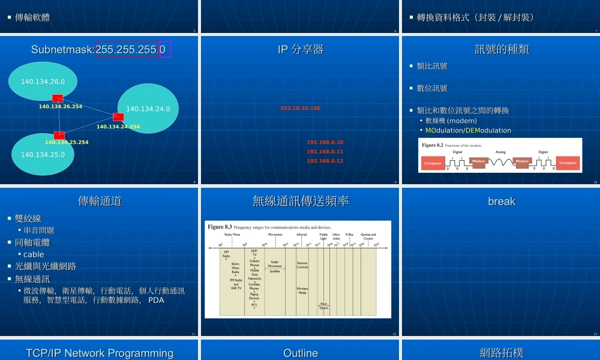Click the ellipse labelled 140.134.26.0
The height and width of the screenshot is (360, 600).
coord(43,82)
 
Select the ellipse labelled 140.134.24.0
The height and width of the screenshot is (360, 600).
coord(148,109)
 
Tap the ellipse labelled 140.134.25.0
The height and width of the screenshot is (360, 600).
coord(43,154)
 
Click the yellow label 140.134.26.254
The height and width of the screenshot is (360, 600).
coord(61,107)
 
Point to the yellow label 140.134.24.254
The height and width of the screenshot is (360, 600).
coord(118,127)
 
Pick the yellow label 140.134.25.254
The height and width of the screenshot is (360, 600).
coord(67,142)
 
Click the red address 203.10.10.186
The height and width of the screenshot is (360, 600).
coord(300,108)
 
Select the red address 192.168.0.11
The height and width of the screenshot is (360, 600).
coord(325,152)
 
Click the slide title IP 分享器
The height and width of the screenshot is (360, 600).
coord(301,49)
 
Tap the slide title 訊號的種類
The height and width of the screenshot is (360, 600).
coord(502,49)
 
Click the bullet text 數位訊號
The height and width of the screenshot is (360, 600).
coord(432,88)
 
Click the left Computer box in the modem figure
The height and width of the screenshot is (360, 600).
coord(433,163)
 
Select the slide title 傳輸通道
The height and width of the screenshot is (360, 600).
coord(100,201)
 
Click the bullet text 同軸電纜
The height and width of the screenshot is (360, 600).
coord(32,242)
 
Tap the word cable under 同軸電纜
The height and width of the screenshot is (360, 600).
coord(34,254)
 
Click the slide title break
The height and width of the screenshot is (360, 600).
coord(502,202)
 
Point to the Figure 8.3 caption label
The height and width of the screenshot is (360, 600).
coord(220,227)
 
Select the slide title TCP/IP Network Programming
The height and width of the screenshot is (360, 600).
coord(100,353)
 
